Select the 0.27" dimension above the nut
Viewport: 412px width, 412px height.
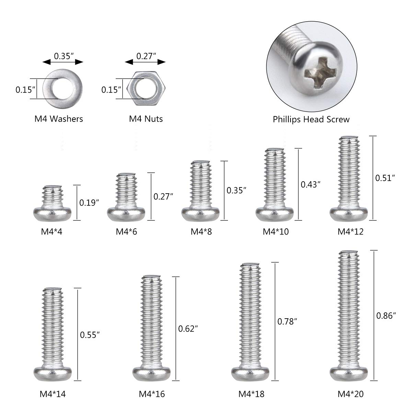pos(146,55)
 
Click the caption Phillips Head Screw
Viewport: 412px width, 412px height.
pos(311,119)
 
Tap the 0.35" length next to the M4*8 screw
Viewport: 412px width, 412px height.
pos(237,190)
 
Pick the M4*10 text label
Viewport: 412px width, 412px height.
pos(276,231)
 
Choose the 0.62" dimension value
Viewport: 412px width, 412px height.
pos(188,329)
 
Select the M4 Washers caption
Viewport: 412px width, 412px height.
pos(59,119)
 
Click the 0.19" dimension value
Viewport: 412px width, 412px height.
pos(89,203)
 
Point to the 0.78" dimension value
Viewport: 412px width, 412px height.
pos(287,321)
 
